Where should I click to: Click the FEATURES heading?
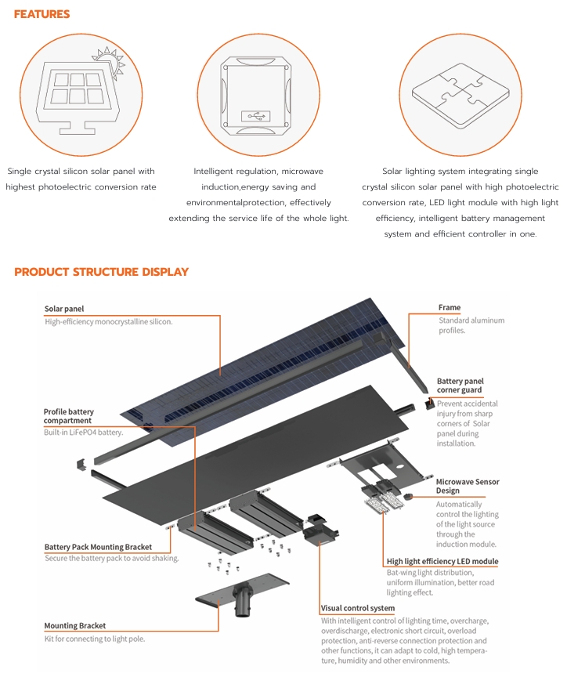pos(42,15)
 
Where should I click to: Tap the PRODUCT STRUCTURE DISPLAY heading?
pos(101,272)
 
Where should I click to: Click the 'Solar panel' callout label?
pos(64,310)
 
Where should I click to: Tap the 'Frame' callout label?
pos(450,308)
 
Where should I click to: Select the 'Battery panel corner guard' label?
pos(460,386)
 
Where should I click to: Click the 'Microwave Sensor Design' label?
pos(468,487)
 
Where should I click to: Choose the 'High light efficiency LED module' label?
pos(442,562)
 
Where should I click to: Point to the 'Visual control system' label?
pos(357,608)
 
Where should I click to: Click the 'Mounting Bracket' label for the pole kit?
pos(75,626)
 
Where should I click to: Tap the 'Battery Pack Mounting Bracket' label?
pos(98,547)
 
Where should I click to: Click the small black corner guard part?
pos(428,404)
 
